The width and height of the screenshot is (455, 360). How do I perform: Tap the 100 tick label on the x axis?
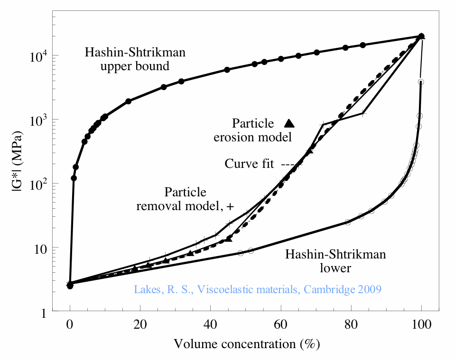(421, 326)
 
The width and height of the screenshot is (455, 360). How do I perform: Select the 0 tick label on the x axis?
(70, 326)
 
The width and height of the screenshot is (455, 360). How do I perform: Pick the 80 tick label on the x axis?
(351, 326)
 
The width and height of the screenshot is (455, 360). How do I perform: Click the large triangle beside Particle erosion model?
(289, 123)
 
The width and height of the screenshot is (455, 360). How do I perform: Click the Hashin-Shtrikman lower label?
(335, 261)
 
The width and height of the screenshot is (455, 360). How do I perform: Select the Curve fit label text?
(249, 164)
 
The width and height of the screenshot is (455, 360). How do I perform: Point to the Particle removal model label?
(185, 199)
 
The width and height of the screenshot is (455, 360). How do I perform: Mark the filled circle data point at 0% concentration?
(70, 286)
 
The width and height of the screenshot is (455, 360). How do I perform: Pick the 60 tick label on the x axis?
(281, 326)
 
